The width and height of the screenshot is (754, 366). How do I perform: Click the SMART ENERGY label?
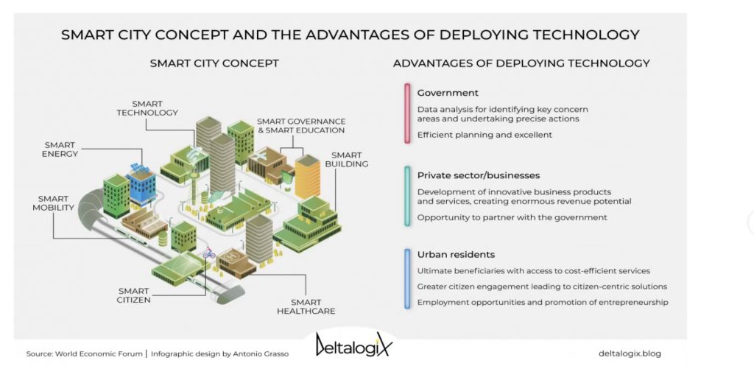60,149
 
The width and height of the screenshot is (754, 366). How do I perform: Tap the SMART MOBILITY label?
53,203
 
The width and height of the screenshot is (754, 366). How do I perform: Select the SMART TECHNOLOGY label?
147,108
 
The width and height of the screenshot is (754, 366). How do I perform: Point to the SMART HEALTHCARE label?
306,306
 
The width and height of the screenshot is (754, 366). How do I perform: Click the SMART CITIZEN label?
133,295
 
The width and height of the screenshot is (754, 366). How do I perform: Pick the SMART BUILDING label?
346,159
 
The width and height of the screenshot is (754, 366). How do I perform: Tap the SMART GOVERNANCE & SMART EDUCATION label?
301,125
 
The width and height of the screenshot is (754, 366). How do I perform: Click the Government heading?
448,93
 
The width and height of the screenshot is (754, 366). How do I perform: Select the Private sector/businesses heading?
478,175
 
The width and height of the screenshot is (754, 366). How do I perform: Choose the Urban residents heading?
456,254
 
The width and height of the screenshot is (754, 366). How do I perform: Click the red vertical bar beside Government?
407,113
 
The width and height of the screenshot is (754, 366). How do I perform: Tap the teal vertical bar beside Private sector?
407,196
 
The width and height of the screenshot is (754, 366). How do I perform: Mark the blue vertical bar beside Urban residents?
407,278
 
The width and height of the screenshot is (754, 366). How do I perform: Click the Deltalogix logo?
353,345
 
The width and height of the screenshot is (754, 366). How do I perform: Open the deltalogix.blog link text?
630,353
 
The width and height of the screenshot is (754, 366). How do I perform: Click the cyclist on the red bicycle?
208,253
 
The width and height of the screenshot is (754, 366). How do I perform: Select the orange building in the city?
307,177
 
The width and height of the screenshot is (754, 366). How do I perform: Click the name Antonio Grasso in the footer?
261,354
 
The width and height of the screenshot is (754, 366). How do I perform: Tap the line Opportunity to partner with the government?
512,217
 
